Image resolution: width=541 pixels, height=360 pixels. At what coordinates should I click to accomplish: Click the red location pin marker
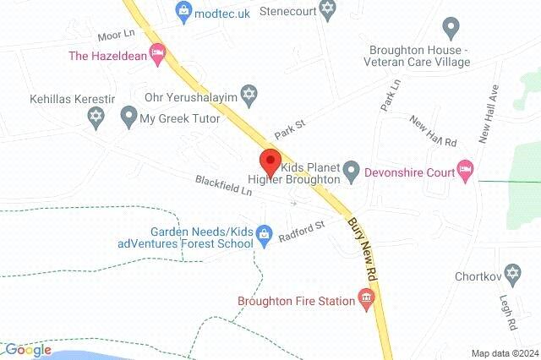click(270, 160)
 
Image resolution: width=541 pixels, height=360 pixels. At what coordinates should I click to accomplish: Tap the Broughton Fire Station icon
click(366, 297)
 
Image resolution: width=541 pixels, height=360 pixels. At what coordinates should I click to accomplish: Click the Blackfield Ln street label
click(224, 185)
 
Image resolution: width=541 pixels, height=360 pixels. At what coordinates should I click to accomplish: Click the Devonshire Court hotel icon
click(463, 166)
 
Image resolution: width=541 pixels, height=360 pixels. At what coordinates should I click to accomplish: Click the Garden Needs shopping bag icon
click(265, 232)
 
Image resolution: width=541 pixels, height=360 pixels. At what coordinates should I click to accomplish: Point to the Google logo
click(27, 349)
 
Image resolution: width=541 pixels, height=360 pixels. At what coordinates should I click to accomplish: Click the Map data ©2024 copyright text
click(504, 352)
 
